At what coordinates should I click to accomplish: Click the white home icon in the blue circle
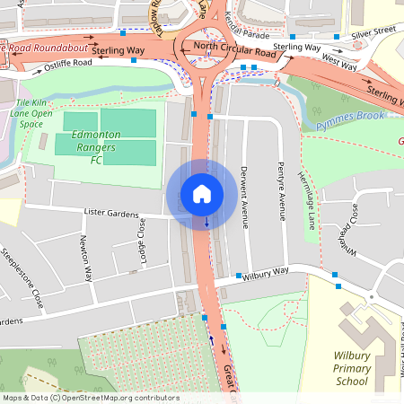click(202, 193)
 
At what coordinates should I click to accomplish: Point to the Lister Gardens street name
click(111, 215)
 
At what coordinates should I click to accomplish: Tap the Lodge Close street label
click(141, 241)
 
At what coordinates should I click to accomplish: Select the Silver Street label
click(373, 31)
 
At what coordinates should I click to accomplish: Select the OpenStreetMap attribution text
click(90, 397)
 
